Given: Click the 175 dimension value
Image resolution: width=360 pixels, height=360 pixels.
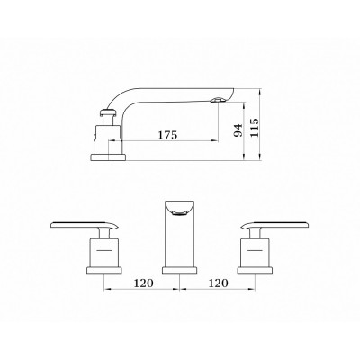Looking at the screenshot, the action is click(x=168, y=135).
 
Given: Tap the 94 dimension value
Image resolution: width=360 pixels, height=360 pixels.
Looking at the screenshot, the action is click(x=238, y=130).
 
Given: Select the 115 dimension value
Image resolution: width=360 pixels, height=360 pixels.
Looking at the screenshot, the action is click(x=255, y=128).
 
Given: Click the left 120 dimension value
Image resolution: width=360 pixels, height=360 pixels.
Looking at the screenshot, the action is click(x=143, y=283).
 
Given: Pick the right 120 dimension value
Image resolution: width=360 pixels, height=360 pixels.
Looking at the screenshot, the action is click(x=219, y=283).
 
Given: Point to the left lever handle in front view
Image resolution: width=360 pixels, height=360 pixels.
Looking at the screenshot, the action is click(x=85, y=225).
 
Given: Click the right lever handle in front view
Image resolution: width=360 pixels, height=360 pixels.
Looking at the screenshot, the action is click(x=275, y=225).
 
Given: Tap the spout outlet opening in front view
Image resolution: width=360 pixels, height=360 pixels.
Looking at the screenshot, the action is click(x=179, y=213).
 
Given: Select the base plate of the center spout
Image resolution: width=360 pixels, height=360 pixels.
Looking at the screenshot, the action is click(x=179, y=270).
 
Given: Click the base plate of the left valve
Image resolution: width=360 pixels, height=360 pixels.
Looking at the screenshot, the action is click(x=104, y=270).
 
